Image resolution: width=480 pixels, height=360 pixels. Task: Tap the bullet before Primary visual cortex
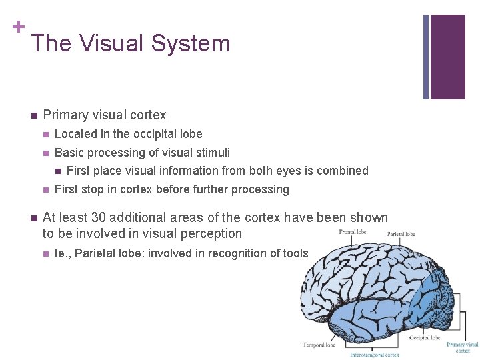point(33,115)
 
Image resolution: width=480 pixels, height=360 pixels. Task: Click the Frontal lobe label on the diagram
point(351,231)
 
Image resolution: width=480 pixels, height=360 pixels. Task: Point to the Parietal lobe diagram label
point(401,234)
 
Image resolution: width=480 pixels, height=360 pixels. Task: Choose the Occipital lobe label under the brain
point(425,338)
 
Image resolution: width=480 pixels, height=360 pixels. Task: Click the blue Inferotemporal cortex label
point(375,355)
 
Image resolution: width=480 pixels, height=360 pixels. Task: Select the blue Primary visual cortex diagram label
point(463,347)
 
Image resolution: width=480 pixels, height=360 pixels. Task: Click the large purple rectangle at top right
point(447,57)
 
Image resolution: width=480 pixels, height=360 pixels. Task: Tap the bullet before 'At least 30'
point(33,218)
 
